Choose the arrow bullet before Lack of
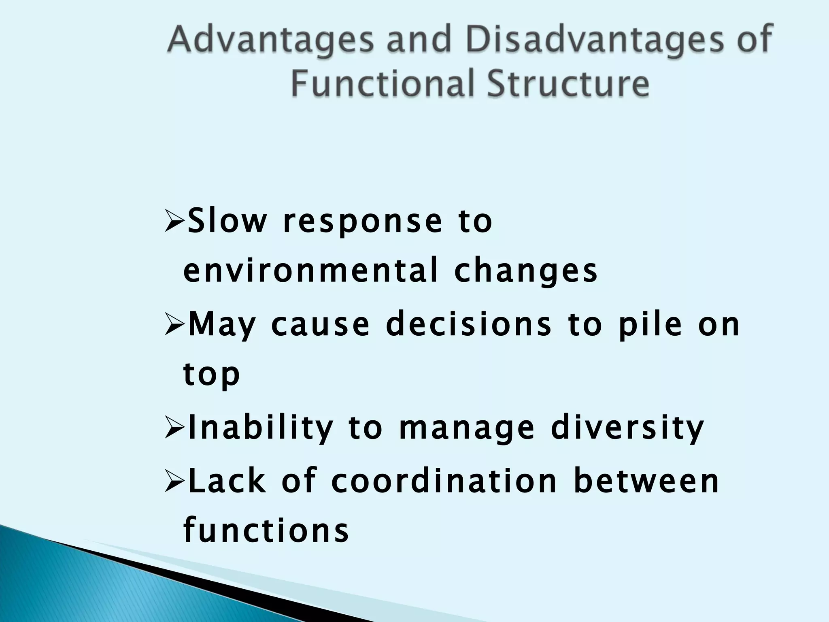click(175, 481)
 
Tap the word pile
click(650, 325)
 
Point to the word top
click(211, 375)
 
